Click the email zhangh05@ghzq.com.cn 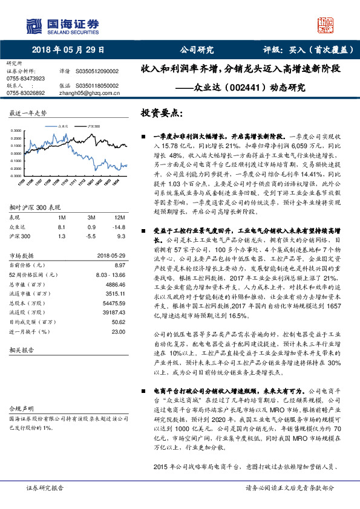coord(90,93)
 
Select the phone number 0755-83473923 coord(25,79)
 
